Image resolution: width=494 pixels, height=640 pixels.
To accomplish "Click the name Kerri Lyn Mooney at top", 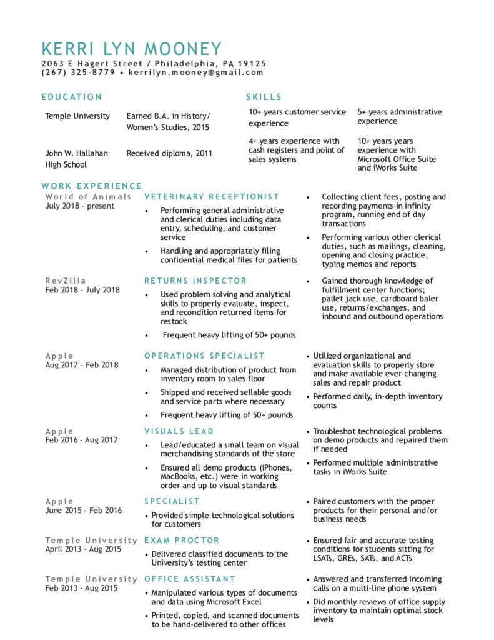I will point(131,49).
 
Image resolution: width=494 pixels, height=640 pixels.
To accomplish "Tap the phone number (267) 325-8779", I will point(78,72).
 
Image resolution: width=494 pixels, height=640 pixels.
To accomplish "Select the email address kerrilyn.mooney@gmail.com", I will point(195,72).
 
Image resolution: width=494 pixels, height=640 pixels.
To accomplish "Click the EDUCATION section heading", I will point(72,97).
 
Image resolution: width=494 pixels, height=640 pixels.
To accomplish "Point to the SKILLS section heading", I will point(264,97).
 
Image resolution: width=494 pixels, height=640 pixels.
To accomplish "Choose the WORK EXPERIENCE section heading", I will point(92,186).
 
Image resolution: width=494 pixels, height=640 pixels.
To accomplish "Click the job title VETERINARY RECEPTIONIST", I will point(212,197).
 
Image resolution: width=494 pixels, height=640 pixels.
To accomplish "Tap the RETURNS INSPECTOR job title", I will point(195,281).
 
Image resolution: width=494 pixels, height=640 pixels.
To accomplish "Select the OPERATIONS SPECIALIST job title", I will point(205,356).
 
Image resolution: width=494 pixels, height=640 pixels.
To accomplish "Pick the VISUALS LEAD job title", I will point(179,431).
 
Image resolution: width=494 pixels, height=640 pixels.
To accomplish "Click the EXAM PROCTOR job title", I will point(182,540).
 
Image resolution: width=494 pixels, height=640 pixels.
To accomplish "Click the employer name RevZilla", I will point(66,281).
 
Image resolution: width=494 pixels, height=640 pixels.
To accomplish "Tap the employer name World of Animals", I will point(88,197).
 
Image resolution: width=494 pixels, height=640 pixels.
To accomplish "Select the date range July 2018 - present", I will point(80,206).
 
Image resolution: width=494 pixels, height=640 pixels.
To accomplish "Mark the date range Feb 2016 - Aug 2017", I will point(81,441).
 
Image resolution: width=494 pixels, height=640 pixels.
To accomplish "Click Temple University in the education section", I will point(77,116).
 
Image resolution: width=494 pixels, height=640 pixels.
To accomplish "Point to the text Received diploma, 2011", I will point(169,153).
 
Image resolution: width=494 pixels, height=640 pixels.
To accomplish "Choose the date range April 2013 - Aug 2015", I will point(83,549).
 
